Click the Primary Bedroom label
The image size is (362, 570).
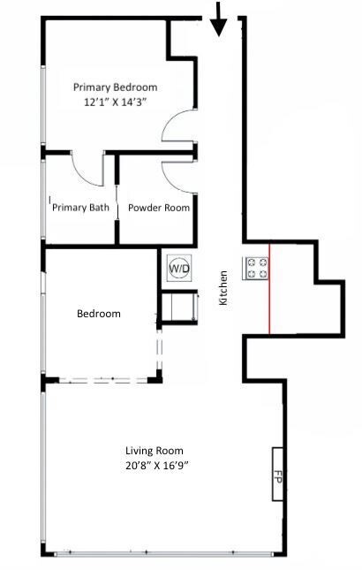116,87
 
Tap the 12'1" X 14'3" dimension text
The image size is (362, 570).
116,102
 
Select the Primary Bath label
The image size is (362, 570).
81,208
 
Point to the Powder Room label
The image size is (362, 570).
159,208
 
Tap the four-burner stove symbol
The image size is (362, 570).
256,268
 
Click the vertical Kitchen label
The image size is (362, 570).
223,288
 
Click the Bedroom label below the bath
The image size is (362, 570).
98,314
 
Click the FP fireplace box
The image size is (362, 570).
276,474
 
